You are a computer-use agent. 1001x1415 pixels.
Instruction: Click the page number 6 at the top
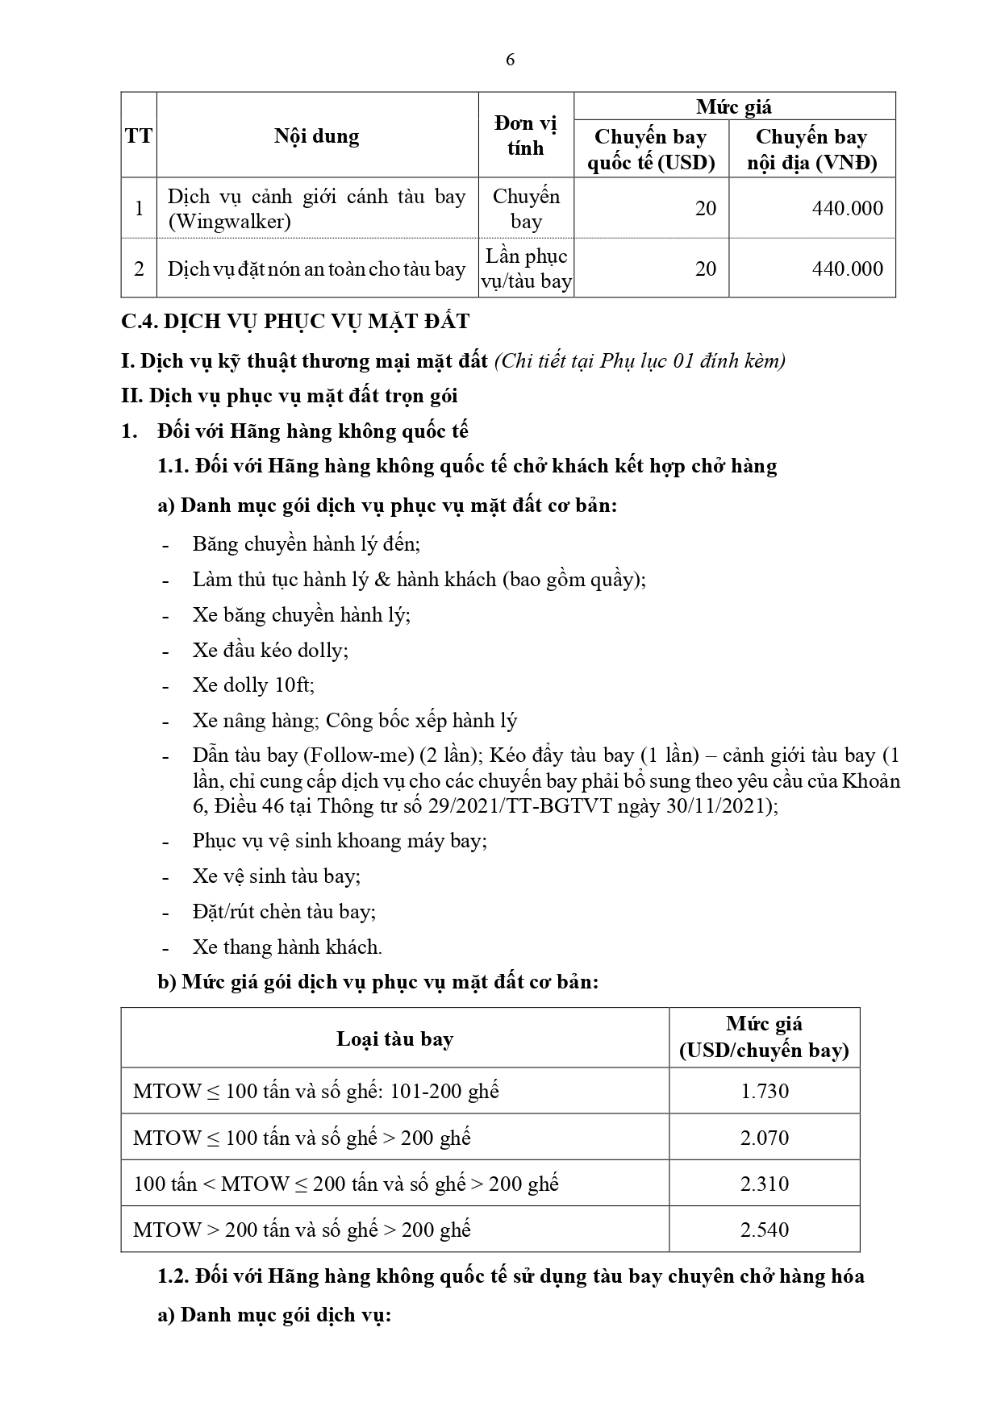click(509, 60)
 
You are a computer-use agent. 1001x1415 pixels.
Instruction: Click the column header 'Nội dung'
click(316, 135)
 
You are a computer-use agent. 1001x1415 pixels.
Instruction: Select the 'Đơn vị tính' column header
click(526, 135)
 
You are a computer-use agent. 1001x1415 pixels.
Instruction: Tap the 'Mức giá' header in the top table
click(734, 106)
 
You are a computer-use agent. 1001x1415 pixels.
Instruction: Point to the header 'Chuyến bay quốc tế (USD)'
click(651, 149)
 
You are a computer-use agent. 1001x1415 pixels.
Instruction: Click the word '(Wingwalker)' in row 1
click(229, 221)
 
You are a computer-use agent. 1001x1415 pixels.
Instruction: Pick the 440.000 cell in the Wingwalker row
click(847, 208)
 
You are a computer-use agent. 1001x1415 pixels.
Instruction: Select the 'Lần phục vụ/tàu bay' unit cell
click(526, 268)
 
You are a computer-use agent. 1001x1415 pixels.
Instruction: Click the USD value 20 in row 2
click(705, 268)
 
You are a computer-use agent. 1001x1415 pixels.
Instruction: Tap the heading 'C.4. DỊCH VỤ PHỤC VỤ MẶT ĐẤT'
click(295, 322)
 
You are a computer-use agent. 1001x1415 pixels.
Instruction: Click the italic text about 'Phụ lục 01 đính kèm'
click(640, 360)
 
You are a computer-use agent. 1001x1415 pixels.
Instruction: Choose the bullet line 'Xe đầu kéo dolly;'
click(270, 650)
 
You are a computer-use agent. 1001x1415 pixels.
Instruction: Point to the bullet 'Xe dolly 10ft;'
click(253, 685)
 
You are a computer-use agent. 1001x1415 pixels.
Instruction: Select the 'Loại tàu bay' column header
click(394, 1038)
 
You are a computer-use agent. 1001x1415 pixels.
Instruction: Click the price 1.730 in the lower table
click(764, 1091)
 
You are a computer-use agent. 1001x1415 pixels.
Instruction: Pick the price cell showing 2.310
click(764, 1184)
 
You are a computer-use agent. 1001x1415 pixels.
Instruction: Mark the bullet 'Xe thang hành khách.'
click(287, 947)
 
